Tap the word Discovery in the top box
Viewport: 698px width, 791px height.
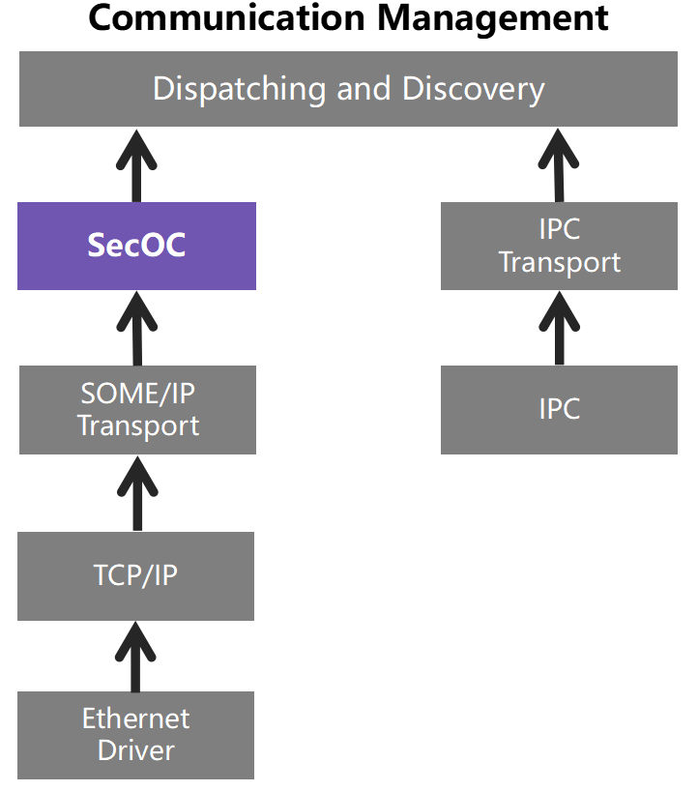[x=474, y=89]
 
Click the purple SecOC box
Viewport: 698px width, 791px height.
[x=136, y=246]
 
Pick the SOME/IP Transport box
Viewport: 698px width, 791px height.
[x=137, y=410]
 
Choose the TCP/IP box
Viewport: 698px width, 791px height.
[x=135, y=576]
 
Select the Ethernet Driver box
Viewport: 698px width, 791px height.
[x=135, y=735]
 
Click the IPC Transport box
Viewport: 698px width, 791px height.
[x=559, y=246]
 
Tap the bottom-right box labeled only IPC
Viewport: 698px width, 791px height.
[x=559, y=409]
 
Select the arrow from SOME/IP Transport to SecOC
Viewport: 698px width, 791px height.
[x=136, y=329]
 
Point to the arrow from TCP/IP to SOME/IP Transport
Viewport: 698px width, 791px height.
[x=136, y=493]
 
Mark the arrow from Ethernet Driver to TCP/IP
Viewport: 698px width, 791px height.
[x=136, y=656]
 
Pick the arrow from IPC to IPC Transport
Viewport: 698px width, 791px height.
[x=559, y=329]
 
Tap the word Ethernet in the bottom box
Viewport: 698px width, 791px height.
[x=135, y=719]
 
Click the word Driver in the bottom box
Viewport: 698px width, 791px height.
[x=135, y=750]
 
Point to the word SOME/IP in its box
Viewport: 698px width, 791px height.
[x=137, y=395]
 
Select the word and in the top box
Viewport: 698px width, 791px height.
[x=368, y=89]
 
